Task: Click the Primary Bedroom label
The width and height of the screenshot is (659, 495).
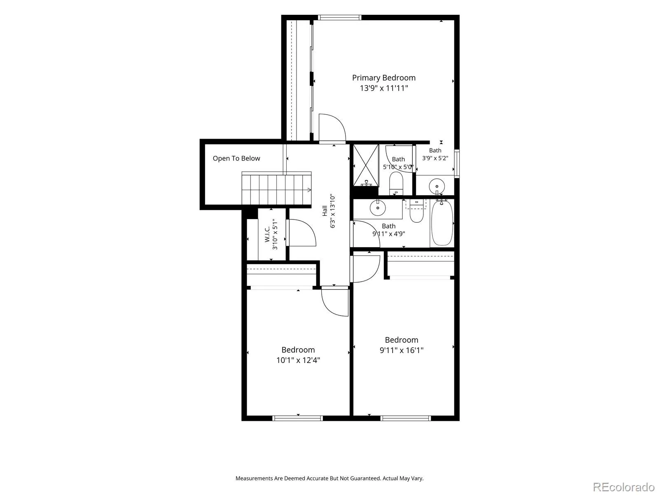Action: coord(384,78)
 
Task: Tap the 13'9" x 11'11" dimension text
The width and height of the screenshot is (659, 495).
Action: coord(384,88)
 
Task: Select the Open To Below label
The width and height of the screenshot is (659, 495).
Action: coord(236,158)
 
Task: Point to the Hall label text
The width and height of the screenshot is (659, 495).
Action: coord(325,211)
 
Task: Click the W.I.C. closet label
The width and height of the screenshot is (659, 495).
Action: coord(267,234)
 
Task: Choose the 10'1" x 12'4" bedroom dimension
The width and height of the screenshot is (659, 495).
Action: coord(298,360)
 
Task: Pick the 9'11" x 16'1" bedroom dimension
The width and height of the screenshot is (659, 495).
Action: coord(402,350)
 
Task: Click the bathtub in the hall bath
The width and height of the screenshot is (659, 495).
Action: coord(442,223)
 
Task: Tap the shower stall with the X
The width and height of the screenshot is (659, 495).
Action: coord(366,165)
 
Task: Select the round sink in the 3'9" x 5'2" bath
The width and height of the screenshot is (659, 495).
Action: coord(437,186)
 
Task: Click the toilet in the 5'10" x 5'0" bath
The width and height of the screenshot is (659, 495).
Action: coord(396,183)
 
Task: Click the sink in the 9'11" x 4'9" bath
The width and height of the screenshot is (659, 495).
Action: coord(377,207)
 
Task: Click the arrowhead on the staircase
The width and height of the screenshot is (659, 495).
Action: coord(309,190)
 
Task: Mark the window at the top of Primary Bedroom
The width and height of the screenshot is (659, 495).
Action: coord(340,17)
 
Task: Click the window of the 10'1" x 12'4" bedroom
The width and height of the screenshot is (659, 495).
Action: coord(297,418)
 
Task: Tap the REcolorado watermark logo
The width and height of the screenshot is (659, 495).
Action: coord(624,487)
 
